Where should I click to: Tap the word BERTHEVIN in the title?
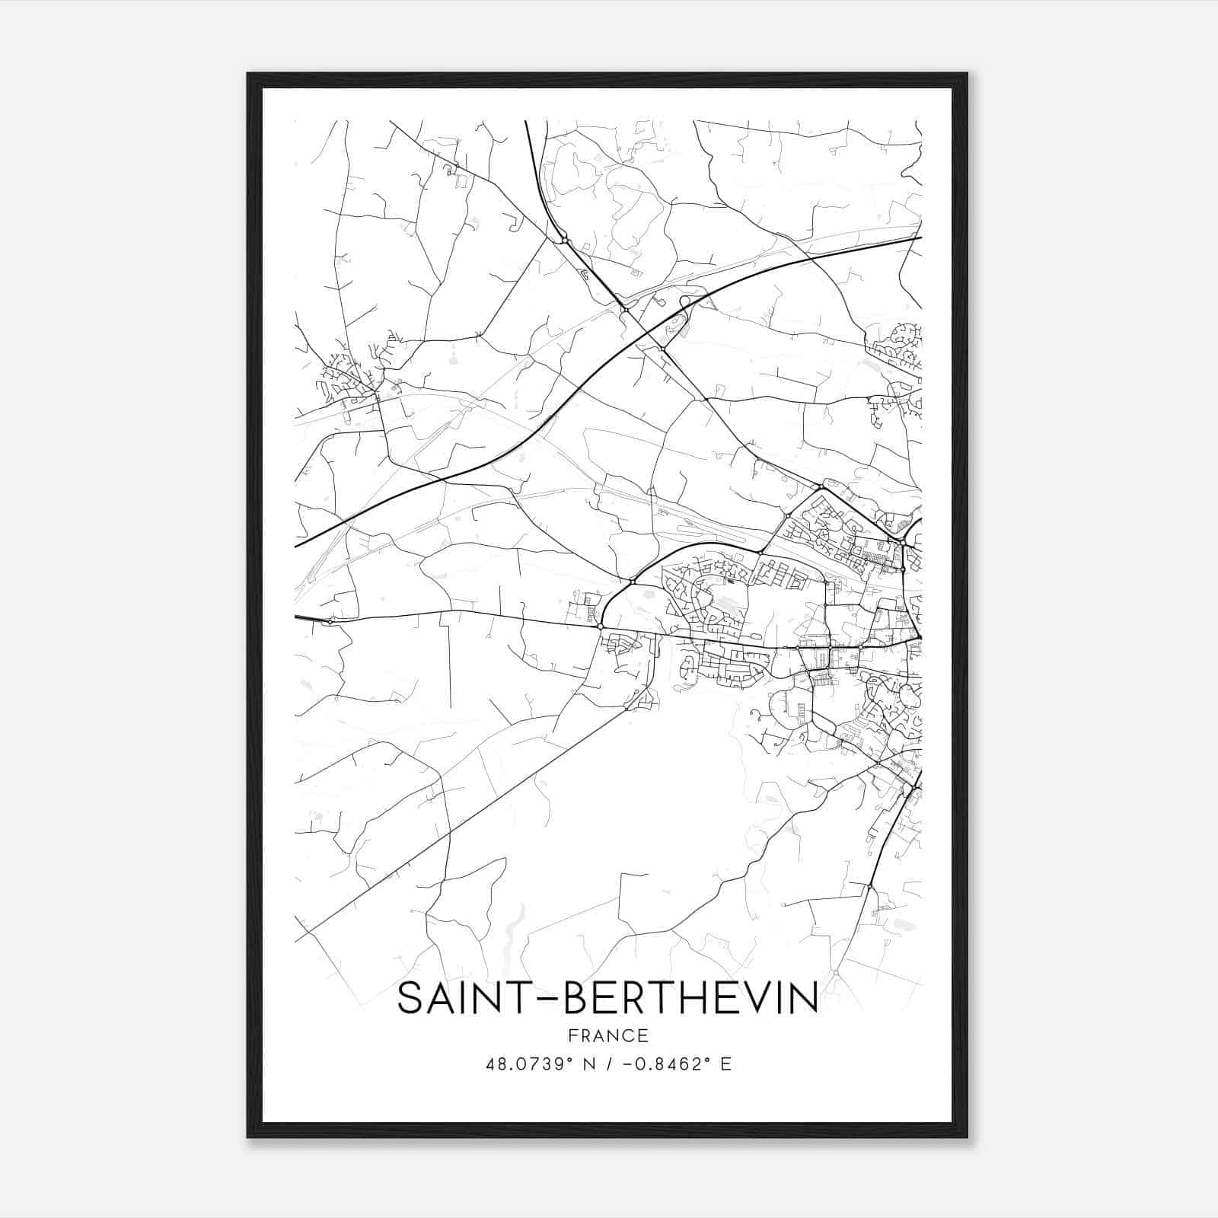click(x=691, y=998)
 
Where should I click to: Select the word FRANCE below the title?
click(x=608, y=1036)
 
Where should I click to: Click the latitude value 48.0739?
click(x=528, y=1064)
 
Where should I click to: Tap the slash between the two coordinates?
click(x=610, y=1064)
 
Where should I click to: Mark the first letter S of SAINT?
click(x=411, y=998)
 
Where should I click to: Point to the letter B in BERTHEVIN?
click(x=577, y=998)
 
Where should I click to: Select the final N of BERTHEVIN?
click(x=803, y=998)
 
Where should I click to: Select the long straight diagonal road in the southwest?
click(x=457, y=822)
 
